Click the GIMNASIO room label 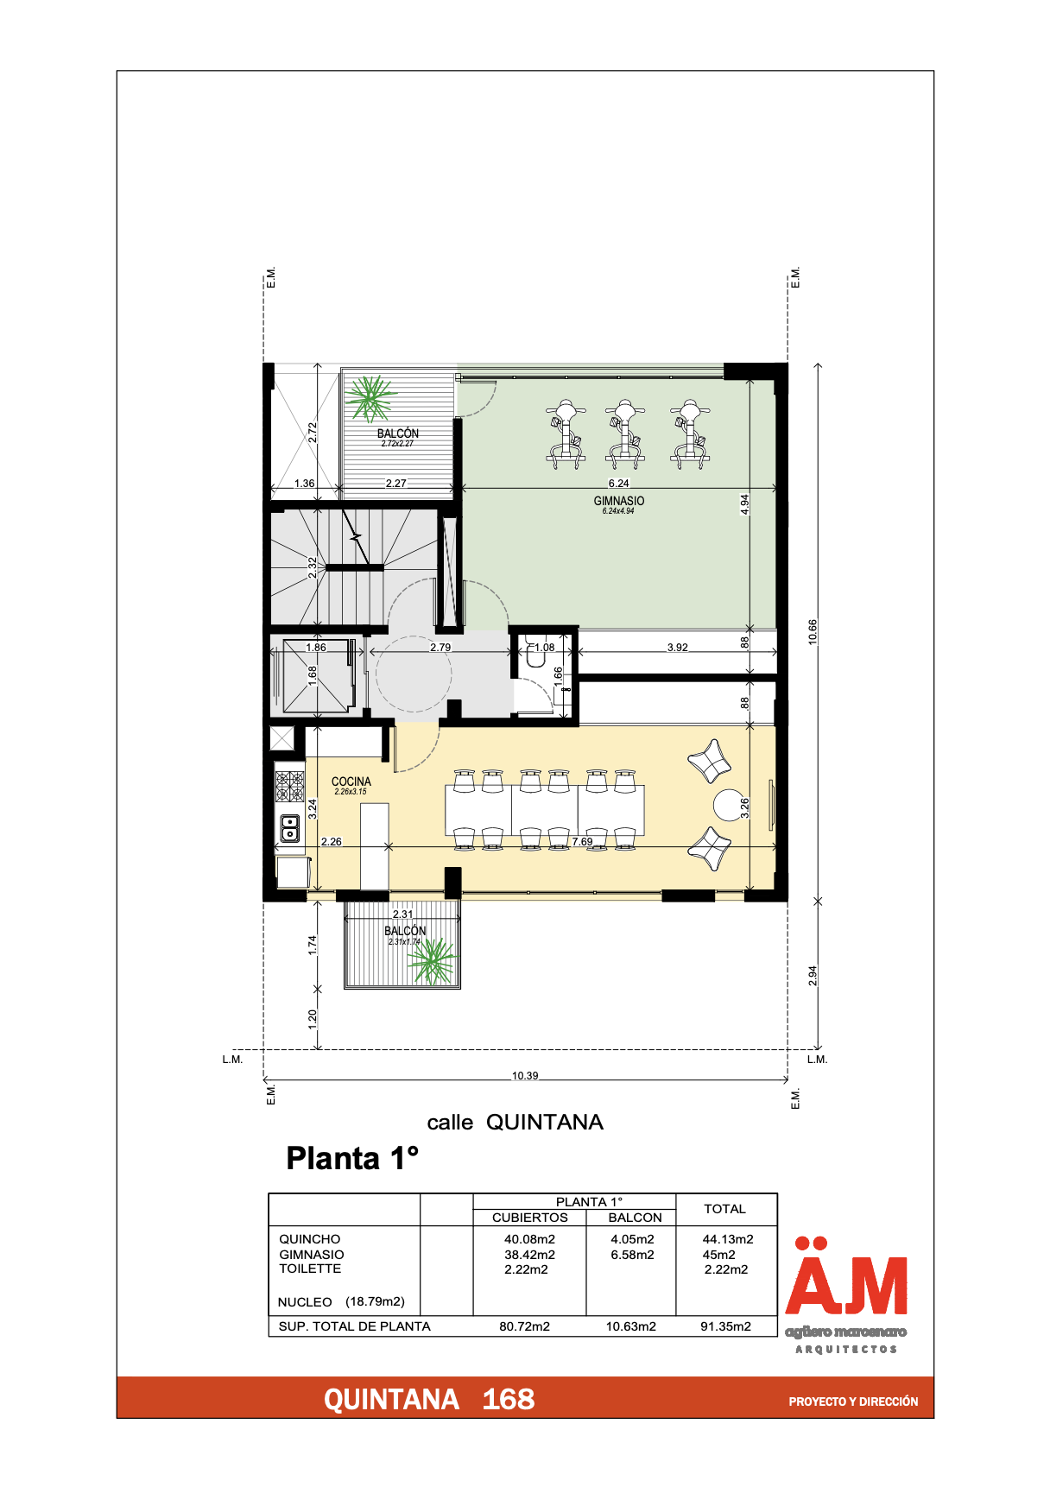point(618,501)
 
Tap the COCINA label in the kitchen point(351,781)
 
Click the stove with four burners point(290,787)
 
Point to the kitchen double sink point(290,828)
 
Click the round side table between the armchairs point(728,805)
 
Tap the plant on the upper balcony point(370,398)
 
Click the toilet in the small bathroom point(536,658)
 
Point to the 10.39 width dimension point(525,1076)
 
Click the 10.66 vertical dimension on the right point(813,631)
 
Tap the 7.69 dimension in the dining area point(582,841)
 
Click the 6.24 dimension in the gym point(618,484)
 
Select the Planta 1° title point(352,1158)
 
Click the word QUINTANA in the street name point(544,1122)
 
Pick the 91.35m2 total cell point(725,1326)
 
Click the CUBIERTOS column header point(529,1218)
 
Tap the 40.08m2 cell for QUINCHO point(529,1239)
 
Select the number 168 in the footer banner point(508,1399)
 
